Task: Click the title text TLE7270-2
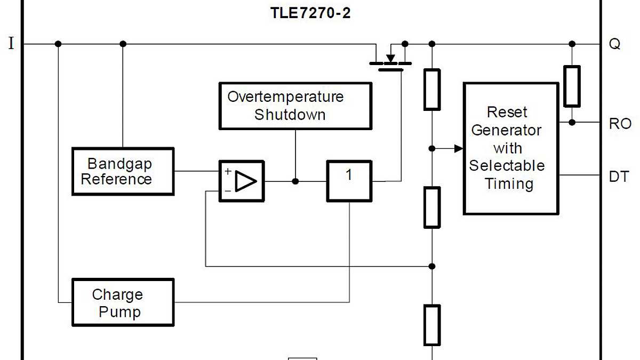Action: pos(310,13)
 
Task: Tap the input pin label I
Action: pos(11,44)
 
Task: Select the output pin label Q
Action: pos(614,44)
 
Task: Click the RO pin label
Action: pos(620,124)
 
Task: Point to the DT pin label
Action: pos(619,177)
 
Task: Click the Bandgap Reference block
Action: pos(123,171)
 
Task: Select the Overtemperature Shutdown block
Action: pos(295,106)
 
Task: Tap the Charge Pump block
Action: pos(123,302)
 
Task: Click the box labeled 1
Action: pos(349,181)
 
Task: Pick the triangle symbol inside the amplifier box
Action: pos(246,181)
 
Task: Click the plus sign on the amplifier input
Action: pos(228,172)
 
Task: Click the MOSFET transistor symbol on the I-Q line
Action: pos(391,58)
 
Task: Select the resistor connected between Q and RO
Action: pos(572,86)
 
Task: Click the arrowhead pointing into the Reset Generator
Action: pos(458,148)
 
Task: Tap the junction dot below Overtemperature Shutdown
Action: pos(295,181)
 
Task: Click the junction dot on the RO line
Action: pos(572,122)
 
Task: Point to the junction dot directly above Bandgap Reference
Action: pos(123,44)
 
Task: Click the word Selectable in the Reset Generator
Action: pos(507,166)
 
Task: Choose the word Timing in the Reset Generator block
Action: pos(509,184)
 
